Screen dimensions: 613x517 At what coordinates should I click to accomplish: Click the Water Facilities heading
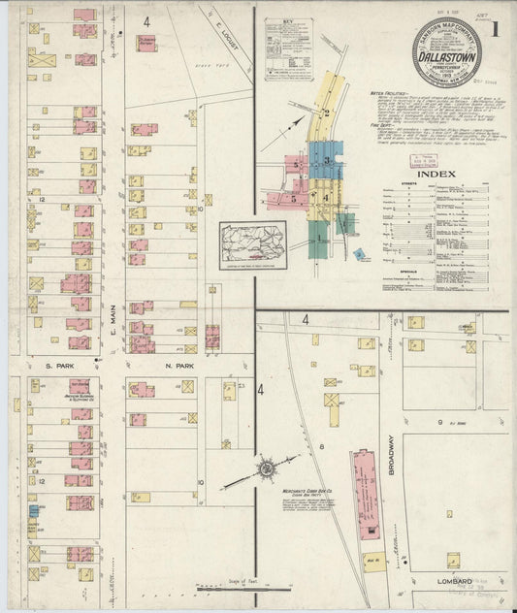385,93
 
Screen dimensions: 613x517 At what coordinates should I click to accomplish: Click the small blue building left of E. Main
33,510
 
